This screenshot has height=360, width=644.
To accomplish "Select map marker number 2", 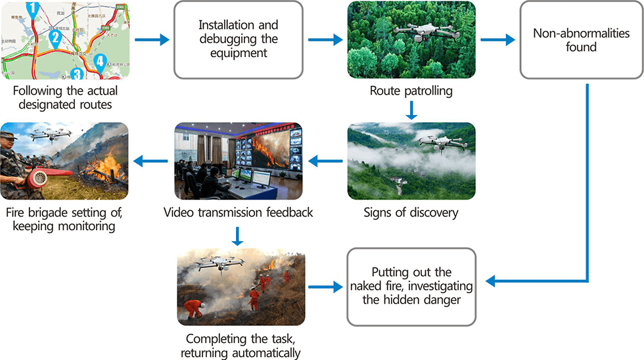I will tap(56, 37).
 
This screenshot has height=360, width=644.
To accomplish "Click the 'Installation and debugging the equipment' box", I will tap(238, 39).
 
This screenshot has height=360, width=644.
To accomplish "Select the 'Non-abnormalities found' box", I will tap(581, 40).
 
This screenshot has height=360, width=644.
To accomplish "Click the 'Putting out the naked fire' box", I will tap(411, 286).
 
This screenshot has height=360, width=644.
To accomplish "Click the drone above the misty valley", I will tap(436, 141).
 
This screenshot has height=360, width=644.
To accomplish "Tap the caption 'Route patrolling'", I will tap(411, 91).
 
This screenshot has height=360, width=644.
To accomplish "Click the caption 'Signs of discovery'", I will tap(411, 213).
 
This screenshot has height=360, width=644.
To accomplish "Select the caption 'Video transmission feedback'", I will tap(238, 213).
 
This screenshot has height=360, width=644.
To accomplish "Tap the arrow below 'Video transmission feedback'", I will tap(238, 235).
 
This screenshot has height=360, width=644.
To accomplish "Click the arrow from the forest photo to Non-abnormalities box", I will tap(497, 39).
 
